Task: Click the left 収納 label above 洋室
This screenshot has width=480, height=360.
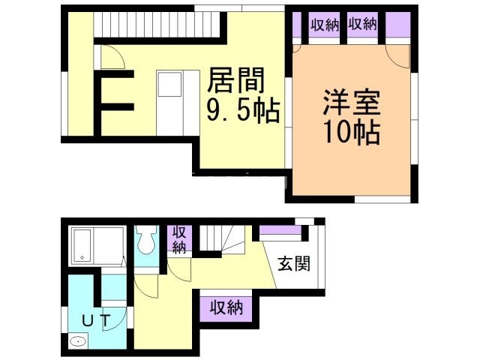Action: (325, 24)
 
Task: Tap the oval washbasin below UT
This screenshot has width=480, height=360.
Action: (77, 343)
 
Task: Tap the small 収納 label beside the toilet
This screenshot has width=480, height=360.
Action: (180, 238)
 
